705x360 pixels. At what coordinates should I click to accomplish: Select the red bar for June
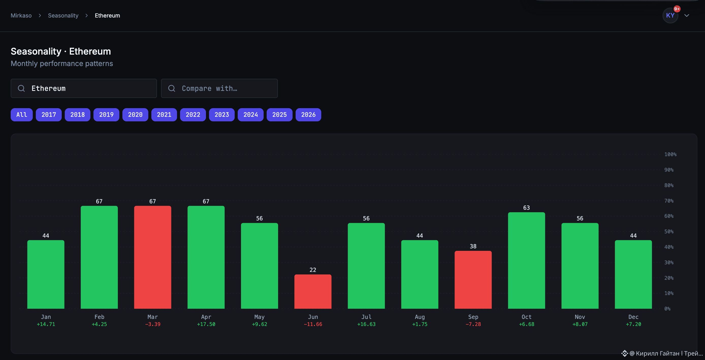click(313, 291)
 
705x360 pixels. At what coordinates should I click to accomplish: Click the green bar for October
click(526, 260)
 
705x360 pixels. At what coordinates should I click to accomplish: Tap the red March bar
click(152, 257)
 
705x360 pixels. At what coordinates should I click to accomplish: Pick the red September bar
click(473, 280)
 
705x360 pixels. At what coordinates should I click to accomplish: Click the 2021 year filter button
click(164, 114)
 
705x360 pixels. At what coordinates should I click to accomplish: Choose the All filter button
click(22, 114)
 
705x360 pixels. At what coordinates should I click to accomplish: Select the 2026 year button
click(308, 114)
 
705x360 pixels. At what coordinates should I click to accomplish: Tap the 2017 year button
click(49, 114)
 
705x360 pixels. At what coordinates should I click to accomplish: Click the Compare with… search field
click(219, 88)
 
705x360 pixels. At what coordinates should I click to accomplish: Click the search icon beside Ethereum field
click(21, 88)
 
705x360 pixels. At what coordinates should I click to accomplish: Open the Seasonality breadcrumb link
click(63, 15)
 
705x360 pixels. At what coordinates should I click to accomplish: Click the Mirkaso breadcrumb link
click(21, 15)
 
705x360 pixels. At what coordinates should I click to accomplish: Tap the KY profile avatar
click(670, 15)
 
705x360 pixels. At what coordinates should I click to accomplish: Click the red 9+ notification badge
click(677, 9)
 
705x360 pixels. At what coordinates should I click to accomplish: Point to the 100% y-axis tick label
click(670, 154)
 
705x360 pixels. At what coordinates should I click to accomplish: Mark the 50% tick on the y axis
click(669, 232)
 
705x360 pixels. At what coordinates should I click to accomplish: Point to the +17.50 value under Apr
click(206, 324)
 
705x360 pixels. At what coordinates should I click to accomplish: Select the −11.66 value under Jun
click(313, 324)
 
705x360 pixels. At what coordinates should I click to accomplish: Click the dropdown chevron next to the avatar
click(687, 15)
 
